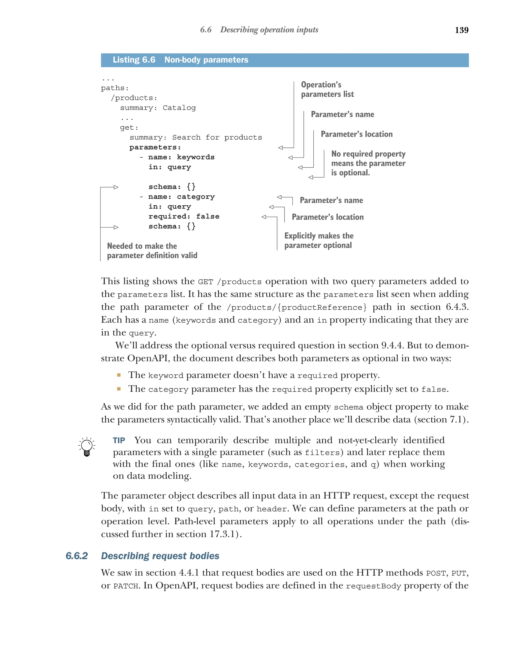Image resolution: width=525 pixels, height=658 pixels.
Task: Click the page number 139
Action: click(x=461, y=30)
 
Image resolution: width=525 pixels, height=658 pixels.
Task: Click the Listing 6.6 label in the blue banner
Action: click(x=134, y=60)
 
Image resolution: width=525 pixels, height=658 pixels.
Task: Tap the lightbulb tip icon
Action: click(x=87, y=446)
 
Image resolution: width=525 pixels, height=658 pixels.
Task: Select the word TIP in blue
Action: click(x=119, y=440)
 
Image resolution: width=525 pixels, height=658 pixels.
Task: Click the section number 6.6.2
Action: click(x=77, y=556)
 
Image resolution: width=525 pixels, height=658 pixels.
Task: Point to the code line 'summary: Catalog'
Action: click(x=158, y=108)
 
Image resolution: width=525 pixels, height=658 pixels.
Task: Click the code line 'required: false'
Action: click(x=184, y=216)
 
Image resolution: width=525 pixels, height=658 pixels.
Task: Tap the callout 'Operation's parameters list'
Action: click(x=327, y=89)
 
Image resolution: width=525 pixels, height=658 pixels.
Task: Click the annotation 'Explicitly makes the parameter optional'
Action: click(x=319, y=241)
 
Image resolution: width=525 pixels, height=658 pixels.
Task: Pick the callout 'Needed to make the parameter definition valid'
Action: click(x=152, y=250)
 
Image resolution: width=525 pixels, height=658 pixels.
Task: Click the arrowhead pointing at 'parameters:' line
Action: click(x=280, y=148)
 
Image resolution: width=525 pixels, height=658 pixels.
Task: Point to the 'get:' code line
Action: click(x=129, y=128)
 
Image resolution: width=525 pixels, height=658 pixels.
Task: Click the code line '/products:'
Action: click(x=134, y=98)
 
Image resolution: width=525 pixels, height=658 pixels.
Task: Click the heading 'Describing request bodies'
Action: click(x=160, y=556)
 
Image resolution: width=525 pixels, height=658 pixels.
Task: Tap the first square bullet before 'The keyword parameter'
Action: click(x=119, y=375)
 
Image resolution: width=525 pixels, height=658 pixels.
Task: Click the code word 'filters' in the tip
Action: click(x=322, y=453)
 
